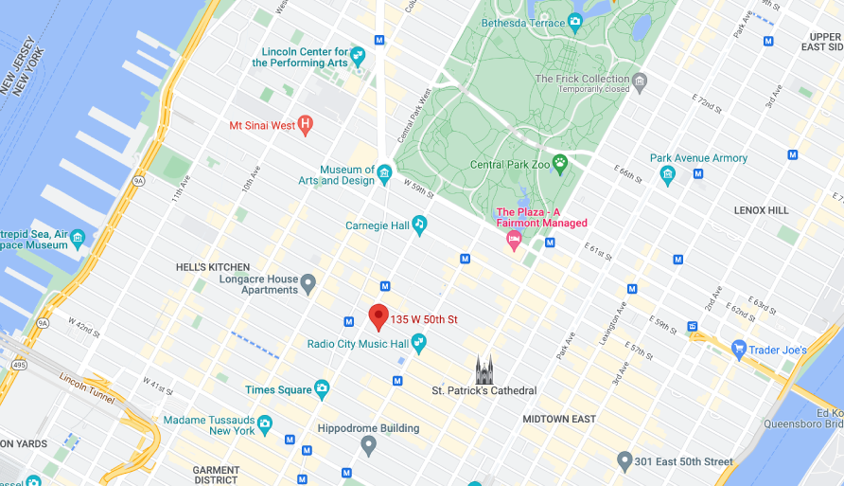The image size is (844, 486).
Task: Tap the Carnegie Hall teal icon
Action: (419, 225)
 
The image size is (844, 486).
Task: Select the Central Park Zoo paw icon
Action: (560, 164)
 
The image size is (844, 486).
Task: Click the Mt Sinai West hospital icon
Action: (305, 123)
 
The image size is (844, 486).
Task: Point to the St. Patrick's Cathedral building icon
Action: (484, 369)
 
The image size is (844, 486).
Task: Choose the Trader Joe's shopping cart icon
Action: (739, 350)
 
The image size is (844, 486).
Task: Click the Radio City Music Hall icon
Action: (418, 343)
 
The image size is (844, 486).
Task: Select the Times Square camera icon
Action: (322, 388)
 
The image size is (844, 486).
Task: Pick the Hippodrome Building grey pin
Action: (369, 444)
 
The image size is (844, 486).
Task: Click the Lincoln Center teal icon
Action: (358, 56)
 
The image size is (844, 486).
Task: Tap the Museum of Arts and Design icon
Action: (384, 173)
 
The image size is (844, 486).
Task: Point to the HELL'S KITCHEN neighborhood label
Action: (213, 267)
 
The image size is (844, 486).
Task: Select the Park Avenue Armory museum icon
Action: (668, 174)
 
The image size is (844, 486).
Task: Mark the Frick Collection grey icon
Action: (641, 81)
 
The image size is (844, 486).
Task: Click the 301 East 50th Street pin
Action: (624, 461)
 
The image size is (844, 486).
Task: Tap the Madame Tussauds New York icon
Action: (265, 423)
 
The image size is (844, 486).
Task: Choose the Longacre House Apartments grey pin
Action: (307, 282)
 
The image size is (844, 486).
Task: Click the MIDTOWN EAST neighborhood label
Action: (558, 419)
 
